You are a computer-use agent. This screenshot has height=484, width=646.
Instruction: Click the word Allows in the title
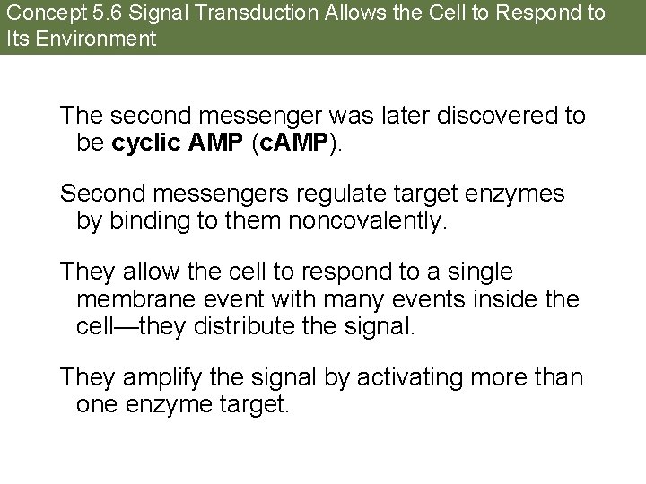coord(321,14)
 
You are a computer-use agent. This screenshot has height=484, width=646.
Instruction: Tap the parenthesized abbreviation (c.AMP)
coord(286,143)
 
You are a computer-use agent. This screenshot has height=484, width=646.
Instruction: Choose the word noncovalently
coord(366,220)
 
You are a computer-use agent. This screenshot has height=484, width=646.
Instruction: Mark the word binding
coord(144,220)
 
